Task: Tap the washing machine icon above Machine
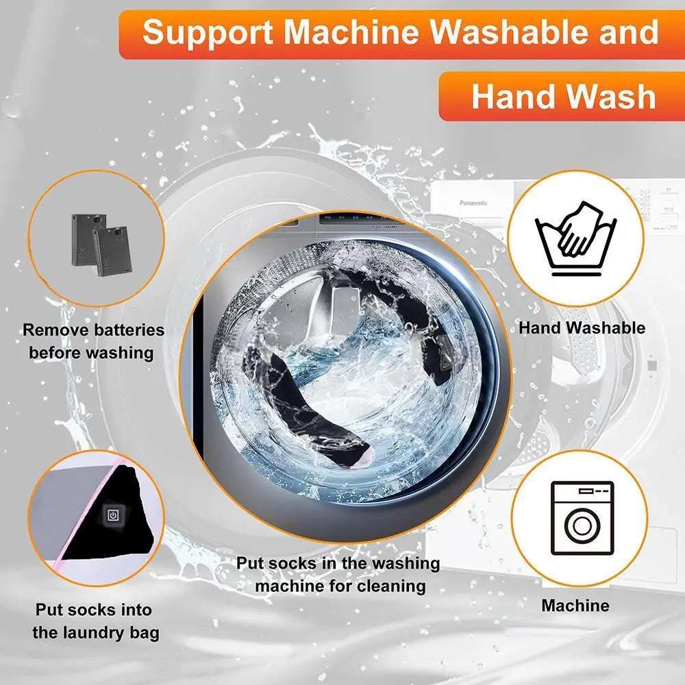click(x=582, y=518)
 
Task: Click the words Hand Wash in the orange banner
click(x=563, y=97)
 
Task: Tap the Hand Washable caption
click(x=582, y=328)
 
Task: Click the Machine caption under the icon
click(x=575, y=606)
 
